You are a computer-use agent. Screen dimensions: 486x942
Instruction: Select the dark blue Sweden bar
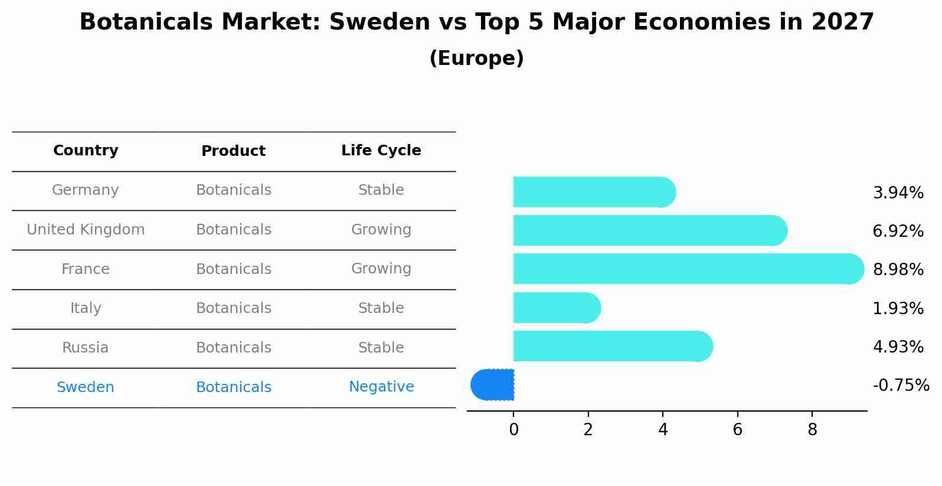click(493, 384)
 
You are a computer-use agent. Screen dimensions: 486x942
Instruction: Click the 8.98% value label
click(898, 270)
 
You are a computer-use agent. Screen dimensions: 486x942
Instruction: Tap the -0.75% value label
click(901, 386)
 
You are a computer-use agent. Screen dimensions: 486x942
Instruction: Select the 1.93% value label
click(898, 308)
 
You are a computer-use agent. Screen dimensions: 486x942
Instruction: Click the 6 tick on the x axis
click(737, 430)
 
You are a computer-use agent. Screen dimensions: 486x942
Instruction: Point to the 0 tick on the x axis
click(513, 430)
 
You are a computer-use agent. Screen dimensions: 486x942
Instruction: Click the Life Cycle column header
click(381, 151)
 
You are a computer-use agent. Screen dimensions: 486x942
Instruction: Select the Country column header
click(86, 151)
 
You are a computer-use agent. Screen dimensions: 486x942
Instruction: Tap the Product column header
click(233, 151)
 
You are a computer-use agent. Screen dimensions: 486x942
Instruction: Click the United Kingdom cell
click(86, 230)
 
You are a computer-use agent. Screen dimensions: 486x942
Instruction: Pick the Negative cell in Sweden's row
click(381, 387)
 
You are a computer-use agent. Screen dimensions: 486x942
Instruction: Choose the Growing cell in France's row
click(381, 269)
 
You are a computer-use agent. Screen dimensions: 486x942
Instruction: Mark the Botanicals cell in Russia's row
click(233, 348)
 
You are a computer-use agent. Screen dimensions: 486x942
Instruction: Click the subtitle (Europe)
click(476, 58)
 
